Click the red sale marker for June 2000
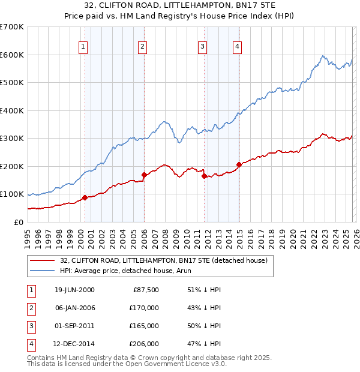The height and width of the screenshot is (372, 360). coord(85,197)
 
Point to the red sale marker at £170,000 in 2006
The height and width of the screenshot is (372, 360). coord(144,175)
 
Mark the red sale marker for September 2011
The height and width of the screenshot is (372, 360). coord(204,176)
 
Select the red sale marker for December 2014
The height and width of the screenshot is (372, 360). coord(239,164)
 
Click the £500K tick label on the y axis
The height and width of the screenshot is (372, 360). coord(12,83)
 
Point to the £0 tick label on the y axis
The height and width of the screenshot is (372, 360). coord(18,222)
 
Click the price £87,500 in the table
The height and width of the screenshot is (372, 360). coord(145,290)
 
